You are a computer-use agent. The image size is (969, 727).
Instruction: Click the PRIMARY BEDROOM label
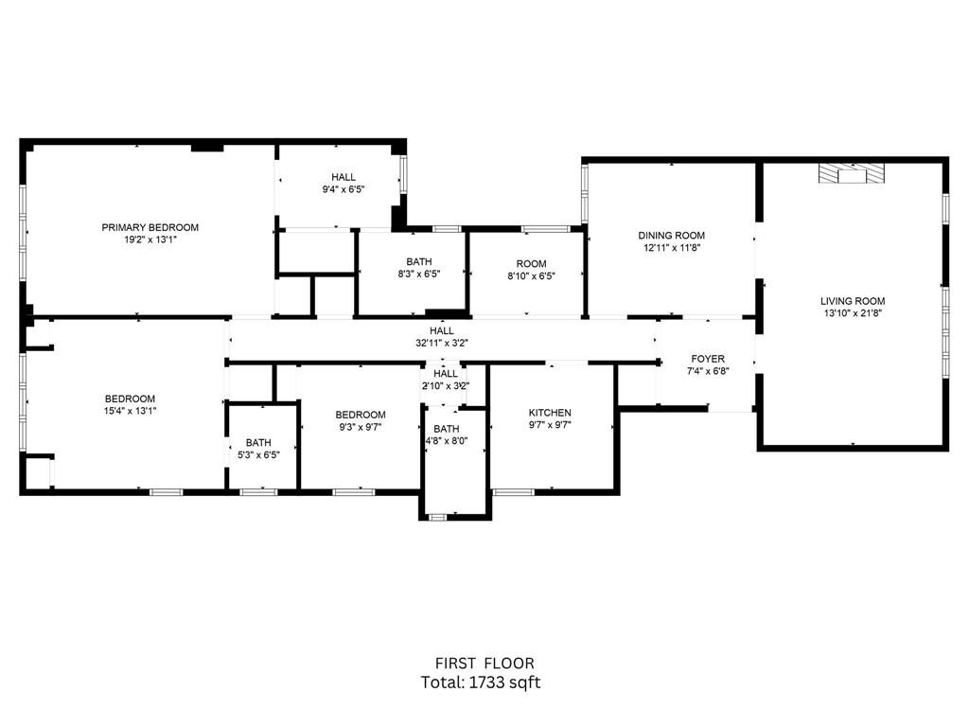point(150,227)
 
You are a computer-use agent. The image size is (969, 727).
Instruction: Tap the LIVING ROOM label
point(853,301)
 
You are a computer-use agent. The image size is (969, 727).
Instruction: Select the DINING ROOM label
point(671,236)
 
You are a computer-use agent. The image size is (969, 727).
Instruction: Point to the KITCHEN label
point(550,413)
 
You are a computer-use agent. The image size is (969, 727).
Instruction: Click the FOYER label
point(708,359)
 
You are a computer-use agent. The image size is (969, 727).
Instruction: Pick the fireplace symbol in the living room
point(852,174)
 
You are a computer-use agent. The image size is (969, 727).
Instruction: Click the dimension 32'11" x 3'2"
point(441,343)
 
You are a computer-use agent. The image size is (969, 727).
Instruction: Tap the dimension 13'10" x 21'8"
point(853,313)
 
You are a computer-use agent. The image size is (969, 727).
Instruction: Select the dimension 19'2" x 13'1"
point(150,239)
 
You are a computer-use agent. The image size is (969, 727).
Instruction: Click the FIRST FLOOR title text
point(484,664)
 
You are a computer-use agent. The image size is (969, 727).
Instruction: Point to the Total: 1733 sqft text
point(481,683)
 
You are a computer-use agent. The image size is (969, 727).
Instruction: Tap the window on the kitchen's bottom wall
point(514,492)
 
